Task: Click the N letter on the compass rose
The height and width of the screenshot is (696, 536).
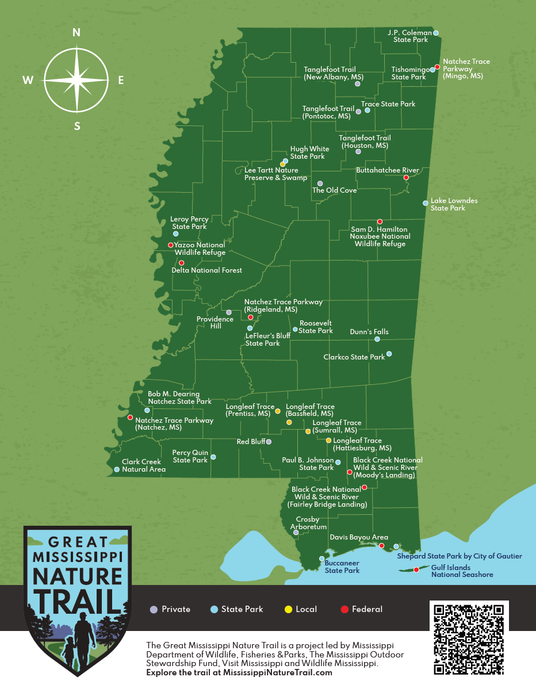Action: coord(76,33)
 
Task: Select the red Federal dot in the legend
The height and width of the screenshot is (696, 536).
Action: coord(344,610)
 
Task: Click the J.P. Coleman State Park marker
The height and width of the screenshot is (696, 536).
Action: coord(436,33)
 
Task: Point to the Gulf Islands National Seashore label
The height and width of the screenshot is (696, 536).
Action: coord(462,571)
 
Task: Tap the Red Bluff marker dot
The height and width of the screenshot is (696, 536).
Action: coord(269,442)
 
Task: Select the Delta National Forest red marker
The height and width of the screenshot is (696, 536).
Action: coord(182,263)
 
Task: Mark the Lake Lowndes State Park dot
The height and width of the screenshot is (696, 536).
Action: coord(426,203)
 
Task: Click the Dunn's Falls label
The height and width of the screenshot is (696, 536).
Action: coord(369,332)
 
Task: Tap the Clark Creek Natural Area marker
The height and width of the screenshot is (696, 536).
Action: coord(117,469)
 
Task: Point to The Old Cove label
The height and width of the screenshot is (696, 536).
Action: coord(334,190)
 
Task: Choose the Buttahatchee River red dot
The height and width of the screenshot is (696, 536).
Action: coord(406,178)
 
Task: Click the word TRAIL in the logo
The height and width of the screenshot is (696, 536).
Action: coord(77,598)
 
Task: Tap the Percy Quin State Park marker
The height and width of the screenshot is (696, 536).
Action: coord(213,457)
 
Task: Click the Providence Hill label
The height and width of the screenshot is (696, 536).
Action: coord(215,323)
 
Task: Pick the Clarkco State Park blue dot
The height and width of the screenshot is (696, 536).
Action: coord(389,354)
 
